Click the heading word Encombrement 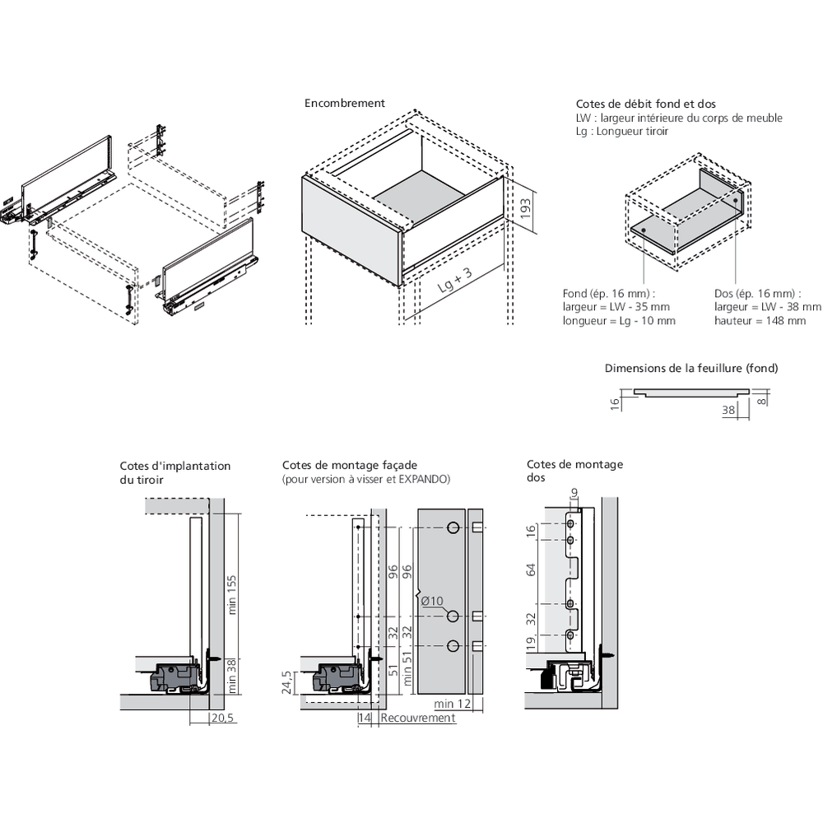pos(345,104)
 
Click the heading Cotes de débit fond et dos pos(645,105)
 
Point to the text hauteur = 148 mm pos(760,320)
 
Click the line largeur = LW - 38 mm pos(767,307)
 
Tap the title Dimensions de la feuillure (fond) pos(690,368)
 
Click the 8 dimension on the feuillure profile pos(763,401)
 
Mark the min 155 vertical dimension pos(233,594)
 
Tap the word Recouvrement pos(418,718)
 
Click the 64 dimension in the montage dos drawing pos(532,570)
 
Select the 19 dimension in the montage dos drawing pos(532,643)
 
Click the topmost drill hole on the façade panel pos(452,528)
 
